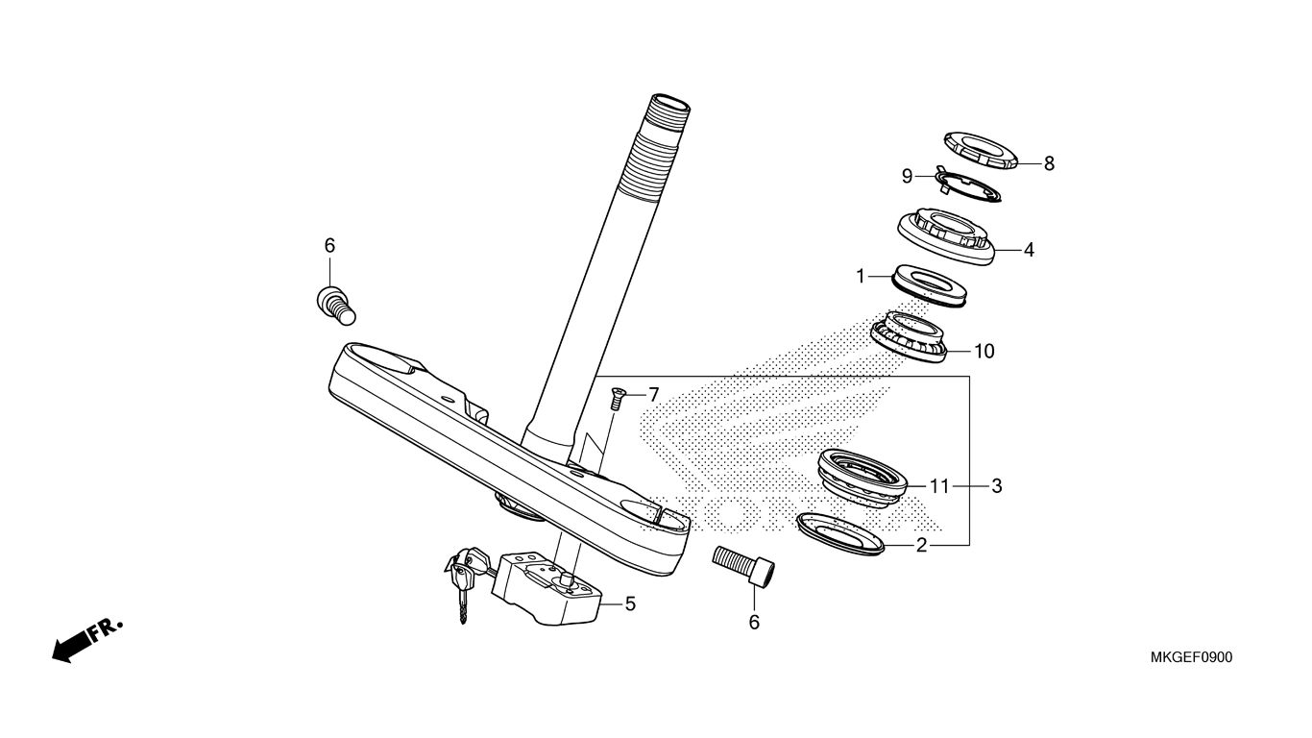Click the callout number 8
(1049, 163)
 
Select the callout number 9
(908, 176)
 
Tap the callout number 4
(1029, 250)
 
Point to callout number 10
(984, 351)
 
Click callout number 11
(939, 486)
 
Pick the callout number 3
(996, 486)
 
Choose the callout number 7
(654, 395)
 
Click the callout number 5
(630, 603)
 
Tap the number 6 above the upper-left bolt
(329, 246)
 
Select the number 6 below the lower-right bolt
(754, 623)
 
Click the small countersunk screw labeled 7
(617, 398)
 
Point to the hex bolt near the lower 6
(743, 565)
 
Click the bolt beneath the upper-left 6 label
(336, 305)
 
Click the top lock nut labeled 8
(981, 150)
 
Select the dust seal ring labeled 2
(840, 534)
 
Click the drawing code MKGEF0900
(1191, 657)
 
